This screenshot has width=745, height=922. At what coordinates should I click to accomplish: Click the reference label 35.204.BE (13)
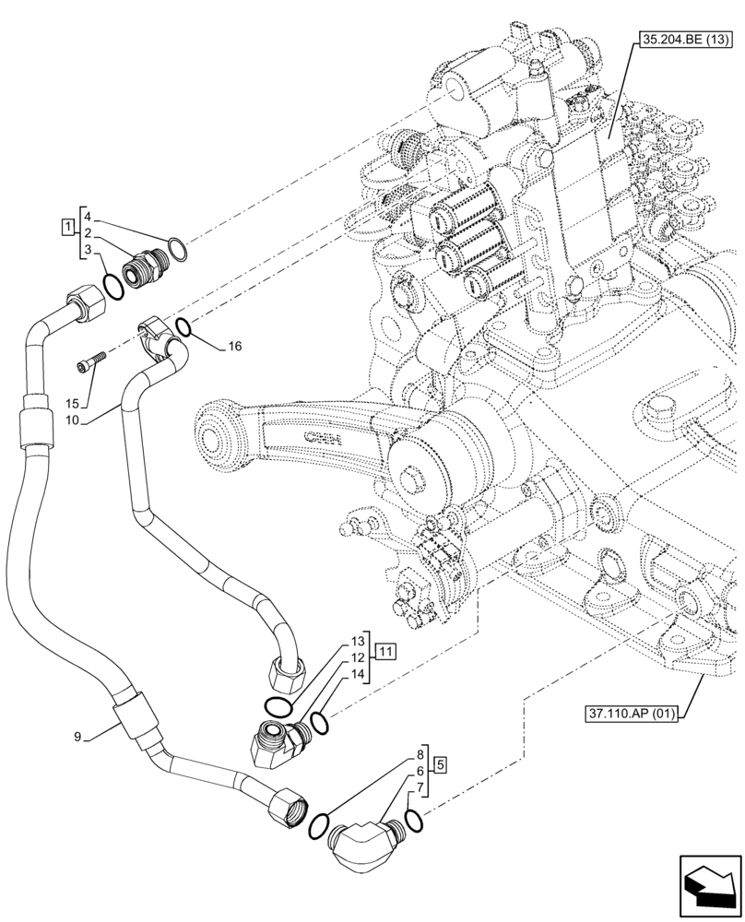click(682, 41)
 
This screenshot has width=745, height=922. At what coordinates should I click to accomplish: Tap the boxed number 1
click(68, 226)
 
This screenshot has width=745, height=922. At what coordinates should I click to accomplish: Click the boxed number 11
click(385, 652)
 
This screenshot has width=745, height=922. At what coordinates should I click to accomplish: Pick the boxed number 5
click(441, 763)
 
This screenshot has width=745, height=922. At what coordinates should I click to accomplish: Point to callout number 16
click(235, 346)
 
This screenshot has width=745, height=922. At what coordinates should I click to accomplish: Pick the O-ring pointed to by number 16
click(183, 326)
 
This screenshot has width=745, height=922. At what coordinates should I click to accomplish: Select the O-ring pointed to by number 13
click(275, 706)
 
